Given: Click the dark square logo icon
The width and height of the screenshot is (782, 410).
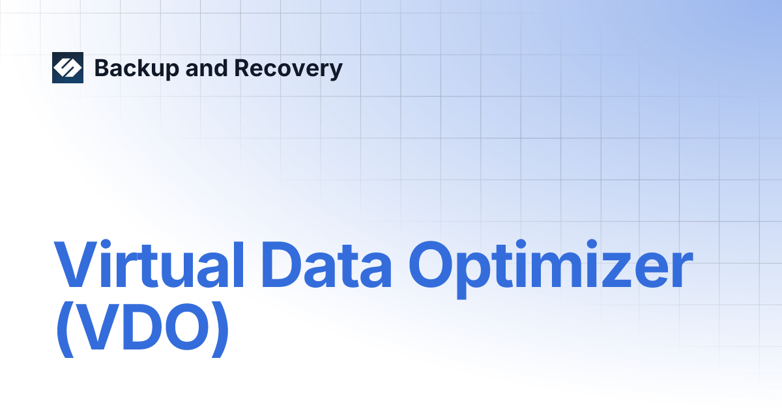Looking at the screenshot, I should tap(68, 68).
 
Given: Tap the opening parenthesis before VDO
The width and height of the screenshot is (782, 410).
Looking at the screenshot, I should tap(63, 332).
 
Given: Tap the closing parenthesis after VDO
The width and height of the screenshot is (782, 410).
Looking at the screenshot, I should tap(220, 332).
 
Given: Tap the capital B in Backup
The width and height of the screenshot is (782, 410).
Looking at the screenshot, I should tap(102, 68).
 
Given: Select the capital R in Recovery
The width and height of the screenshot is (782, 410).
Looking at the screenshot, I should tap(241, 68).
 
